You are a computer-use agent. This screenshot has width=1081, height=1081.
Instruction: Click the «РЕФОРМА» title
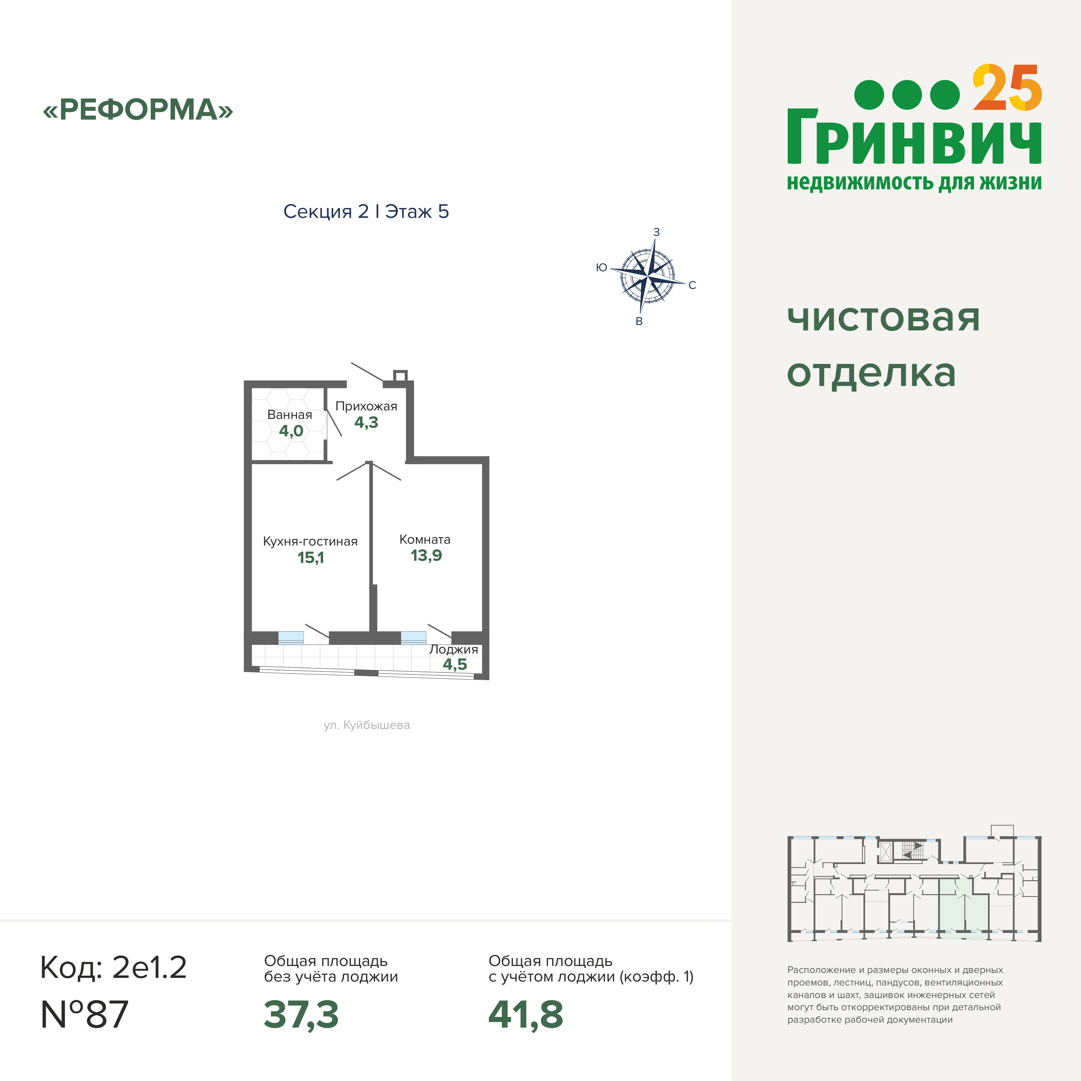(138, 110)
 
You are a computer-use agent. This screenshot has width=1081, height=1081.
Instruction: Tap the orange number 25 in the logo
(1007, 88)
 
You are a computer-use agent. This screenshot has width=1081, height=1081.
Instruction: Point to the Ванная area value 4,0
(291, 431)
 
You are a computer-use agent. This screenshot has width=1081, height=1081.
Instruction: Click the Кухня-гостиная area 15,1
(311, 557)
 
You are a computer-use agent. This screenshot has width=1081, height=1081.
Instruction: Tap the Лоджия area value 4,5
(455, 664)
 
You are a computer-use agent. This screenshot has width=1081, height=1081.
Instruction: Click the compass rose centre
(647, 275)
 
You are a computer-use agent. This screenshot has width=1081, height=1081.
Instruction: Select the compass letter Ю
(601, 268)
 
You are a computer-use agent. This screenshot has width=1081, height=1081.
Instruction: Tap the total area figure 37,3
(301, 1014)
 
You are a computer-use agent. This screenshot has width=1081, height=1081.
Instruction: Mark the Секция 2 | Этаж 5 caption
(366, 211)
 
